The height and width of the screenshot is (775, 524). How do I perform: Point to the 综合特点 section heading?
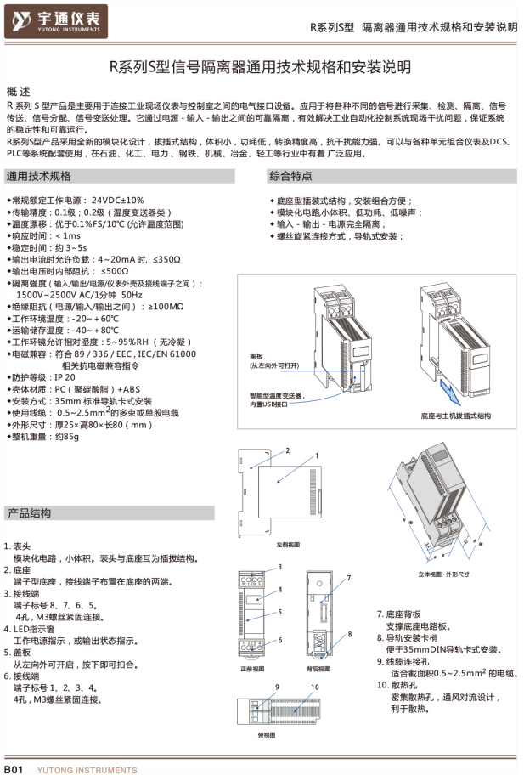click(290, 176)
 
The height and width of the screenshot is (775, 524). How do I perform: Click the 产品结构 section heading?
click(30, 513)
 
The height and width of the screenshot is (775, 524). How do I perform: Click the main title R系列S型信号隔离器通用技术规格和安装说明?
click(262, 66)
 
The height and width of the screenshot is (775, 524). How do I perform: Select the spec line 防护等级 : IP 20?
click(41, 376)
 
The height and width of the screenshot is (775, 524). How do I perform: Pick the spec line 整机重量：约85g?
click(43, 436)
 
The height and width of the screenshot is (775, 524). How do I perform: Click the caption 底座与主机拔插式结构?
click(455, 417)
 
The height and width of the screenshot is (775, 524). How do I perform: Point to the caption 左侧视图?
click(288, 543)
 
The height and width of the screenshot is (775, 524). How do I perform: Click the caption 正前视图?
click(253, 669)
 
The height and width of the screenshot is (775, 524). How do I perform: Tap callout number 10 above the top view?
click(314, 686)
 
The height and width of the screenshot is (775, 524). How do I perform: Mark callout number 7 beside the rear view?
click(348, 579)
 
